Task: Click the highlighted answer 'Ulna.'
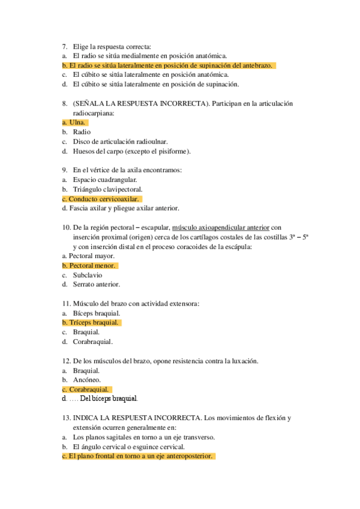click(79, 122)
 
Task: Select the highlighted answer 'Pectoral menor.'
click(93, 265)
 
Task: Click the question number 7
click(65, 46)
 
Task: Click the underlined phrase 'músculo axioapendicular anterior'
click(220, 227)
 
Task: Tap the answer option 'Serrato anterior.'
click(97, 285)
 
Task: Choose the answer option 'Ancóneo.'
click(87, 379)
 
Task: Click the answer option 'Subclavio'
click(88, 275)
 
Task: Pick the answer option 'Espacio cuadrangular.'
click(105, 179)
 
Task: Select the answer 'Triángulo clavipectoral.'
click(107, 189)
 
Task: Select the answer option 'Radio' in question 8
click(82, 132)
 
